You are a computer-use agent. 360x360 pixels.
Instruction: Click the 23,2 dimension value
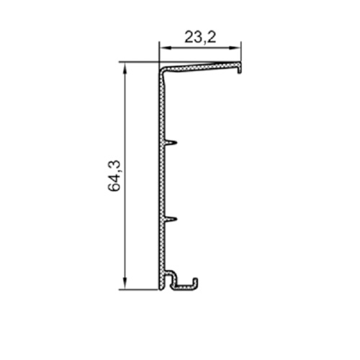tap(200, 37)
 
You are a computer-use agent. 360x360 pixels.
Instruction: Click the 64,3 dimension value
tap(114, 176)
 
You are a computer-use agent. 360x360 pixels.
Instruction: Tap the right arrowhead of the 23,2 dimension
tap(235, 48)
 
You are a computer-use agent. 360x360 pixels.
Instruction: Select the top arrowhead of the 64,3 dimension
tap(125, 68)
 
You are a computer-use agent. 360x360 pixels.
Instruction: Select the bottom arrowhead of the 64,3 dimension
tap(125, 284)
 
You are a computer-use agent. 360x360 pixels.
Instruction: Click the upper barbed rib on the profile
tap(171, 143)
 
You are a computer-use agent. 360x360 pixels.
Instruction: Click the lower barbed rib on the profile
tap(171, 219)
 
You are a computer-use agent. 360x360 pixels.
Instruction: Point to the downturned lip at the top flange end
tap(239, 69)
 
